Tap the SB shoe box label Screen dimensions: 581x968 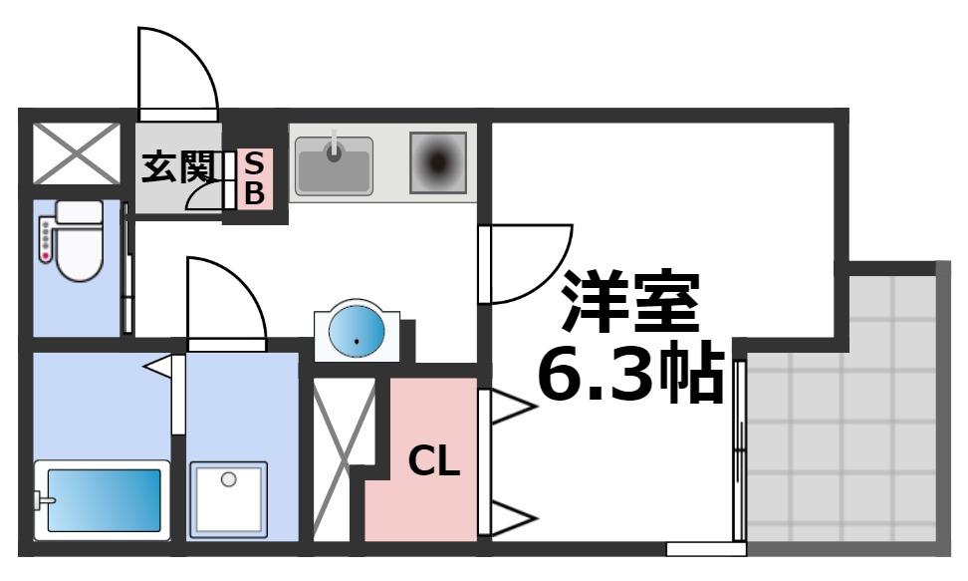[255, 177]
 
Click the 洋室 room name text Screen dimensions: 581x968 [631, 301]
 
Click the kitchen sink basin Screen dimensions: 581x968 [335, 163]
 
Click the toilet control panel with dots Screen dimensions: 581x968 [45, 242]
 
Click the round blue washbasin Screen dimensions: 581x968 [357, 330]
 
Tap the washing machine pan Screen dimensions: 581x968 [229, 497]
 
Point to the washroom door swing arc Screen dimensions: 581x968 [225, 299]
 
